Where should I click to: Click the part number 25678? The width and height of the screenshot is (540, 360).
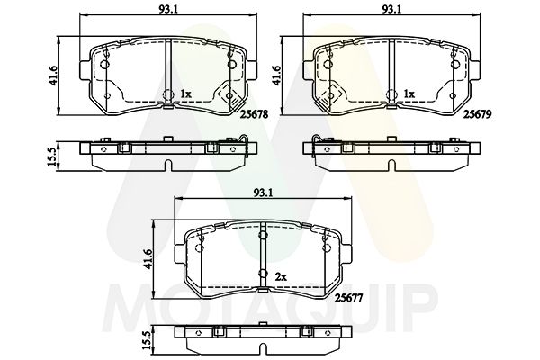click(x=254, y=114)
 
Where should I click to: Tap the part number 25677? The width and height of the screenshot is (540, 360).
click(x=349, y=298)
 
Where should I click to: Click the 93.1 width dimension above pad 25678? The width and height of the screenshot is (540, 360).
click(x=167, y=9)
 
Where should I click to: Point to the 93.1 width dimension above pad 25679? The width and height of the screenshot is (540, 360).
click(x=391, y=9)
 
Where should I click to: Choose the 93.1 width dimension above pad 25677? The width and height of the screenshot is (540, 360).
click(x=263, y=193)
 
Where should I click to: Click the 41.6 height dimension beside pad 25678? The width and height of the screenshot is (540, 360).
click(x=53, y=76)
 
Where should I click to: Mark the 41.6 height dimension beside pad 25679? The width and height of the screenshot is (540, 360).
click(x=276, y=76)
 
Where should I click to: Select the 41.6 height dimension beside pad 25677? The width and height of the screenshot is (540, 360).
click(x=148, y=260)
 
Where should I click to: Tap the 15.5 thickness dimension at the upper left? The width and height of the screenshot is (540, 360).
click(x=51, y=157)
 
